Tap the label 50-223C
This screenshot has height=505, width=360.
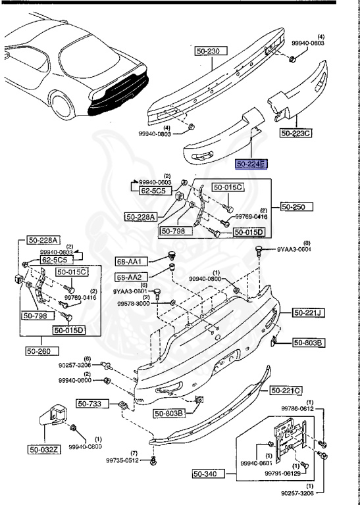click(296, 133)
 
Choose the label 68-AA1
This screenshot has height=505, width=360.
click(129, 262)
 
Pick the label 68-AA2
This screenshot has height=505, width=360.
click(129, 277)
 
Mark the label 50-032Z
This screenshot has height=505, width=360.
click(43, 450)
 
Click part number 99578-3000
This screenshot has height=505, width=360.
click(134, 304)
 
